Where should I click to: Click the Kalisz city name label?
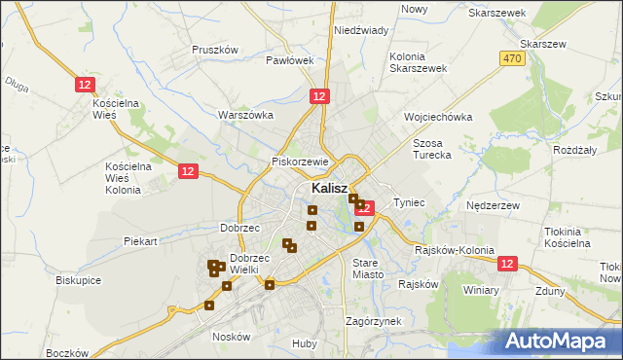coord(331,188)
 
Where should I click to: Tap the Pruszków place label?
coord(215,50)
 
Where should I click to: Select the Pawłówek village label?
coord(290,60)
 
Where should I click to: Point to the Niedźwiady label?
coord(361,30)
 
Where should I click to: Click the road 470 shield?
coord(514,59)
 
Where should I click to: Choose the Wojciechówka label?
coord(438,117)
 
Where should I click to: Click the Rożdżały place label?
coord(574,150)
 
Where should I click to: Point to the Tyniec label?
coord(410,202)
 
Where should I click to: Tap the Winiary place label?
coord(481,290)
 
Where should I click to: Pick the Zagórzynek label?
coord(373,321)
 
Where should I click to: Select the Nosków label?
coord(232,337)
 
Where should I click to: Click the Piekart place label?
coord(140,240)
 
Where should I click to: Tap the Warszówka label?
coord(245,115)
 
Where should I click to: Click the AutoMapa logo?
coord(559,341)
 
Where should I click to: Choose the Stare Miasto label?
coord(369,269)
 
